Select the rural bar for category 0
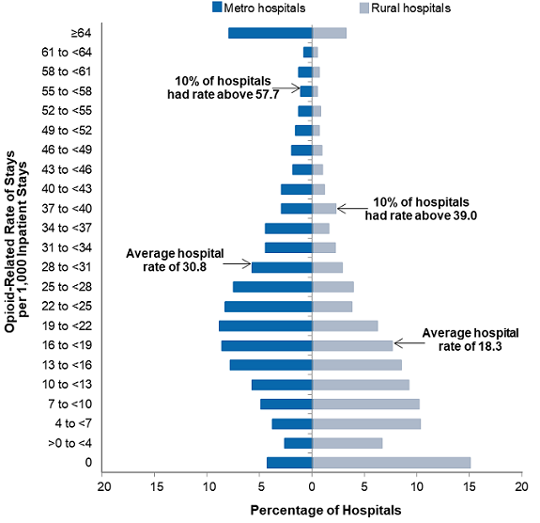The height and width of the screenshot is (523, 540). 391,462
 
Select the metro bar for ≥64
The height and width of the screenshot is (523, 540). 270,33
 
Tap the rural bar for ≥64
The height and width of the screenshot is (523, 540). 330,33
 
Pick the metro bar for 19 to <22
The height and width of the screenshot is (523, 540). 266,325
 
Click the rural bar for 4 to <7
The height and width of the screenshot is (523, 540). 366,423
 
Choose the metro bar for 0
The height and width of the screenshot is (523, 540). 289,462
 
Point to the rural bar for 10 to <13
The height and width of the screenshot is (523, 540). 361,384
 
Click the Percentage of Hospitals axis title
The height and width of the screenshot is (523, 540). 325,510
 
